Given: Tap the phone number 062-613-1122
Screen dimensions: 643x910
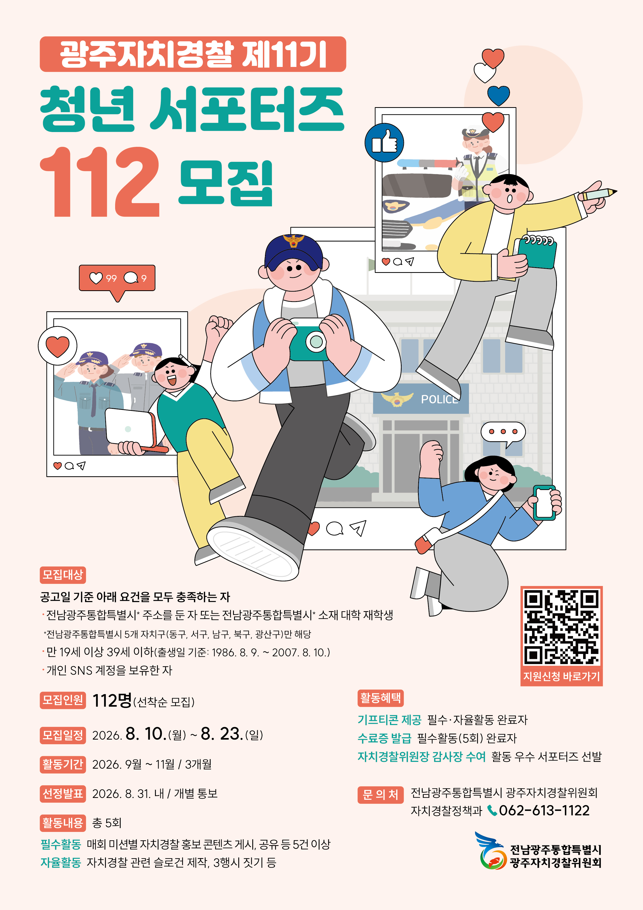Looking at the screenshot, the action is coord(544,811).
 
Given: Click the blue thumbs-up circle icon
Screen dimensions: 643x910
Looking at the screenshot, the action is coord(384,143).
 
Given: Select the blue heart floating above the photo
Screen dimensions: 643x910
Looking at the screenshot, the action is coord(498,95).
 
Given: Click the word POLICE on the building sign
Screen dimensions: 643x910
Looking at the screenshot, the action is coord(439,399).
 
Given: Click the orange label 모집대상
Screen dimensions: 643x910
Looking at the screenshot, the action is coord(62,575).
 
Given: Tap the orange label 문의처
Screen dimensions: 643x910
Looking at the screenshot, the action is coord(380,795).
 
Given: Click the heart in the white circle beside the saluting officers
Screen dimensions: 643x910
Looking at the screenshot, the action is coord(58,346).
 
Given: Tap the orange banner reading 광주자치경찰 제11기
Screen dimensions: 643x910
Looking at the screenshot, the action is coord(193,54).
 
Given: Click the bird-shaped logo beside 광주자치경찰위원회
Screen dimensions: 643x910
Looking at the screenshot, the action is coord(491,850).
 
